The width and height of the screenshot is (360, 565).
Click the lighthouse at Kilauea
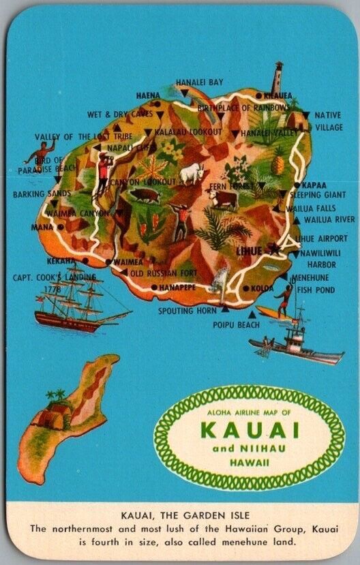[278, 78]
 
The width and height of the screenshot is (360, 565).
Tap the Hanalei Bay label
[199, 82]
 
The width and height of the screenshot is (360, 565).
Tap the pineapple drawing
[277, 164]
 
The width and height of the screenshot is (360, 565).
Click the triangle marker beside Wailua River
[297, 220]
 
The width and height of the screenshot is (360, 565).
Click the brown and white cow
[223, 198]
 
